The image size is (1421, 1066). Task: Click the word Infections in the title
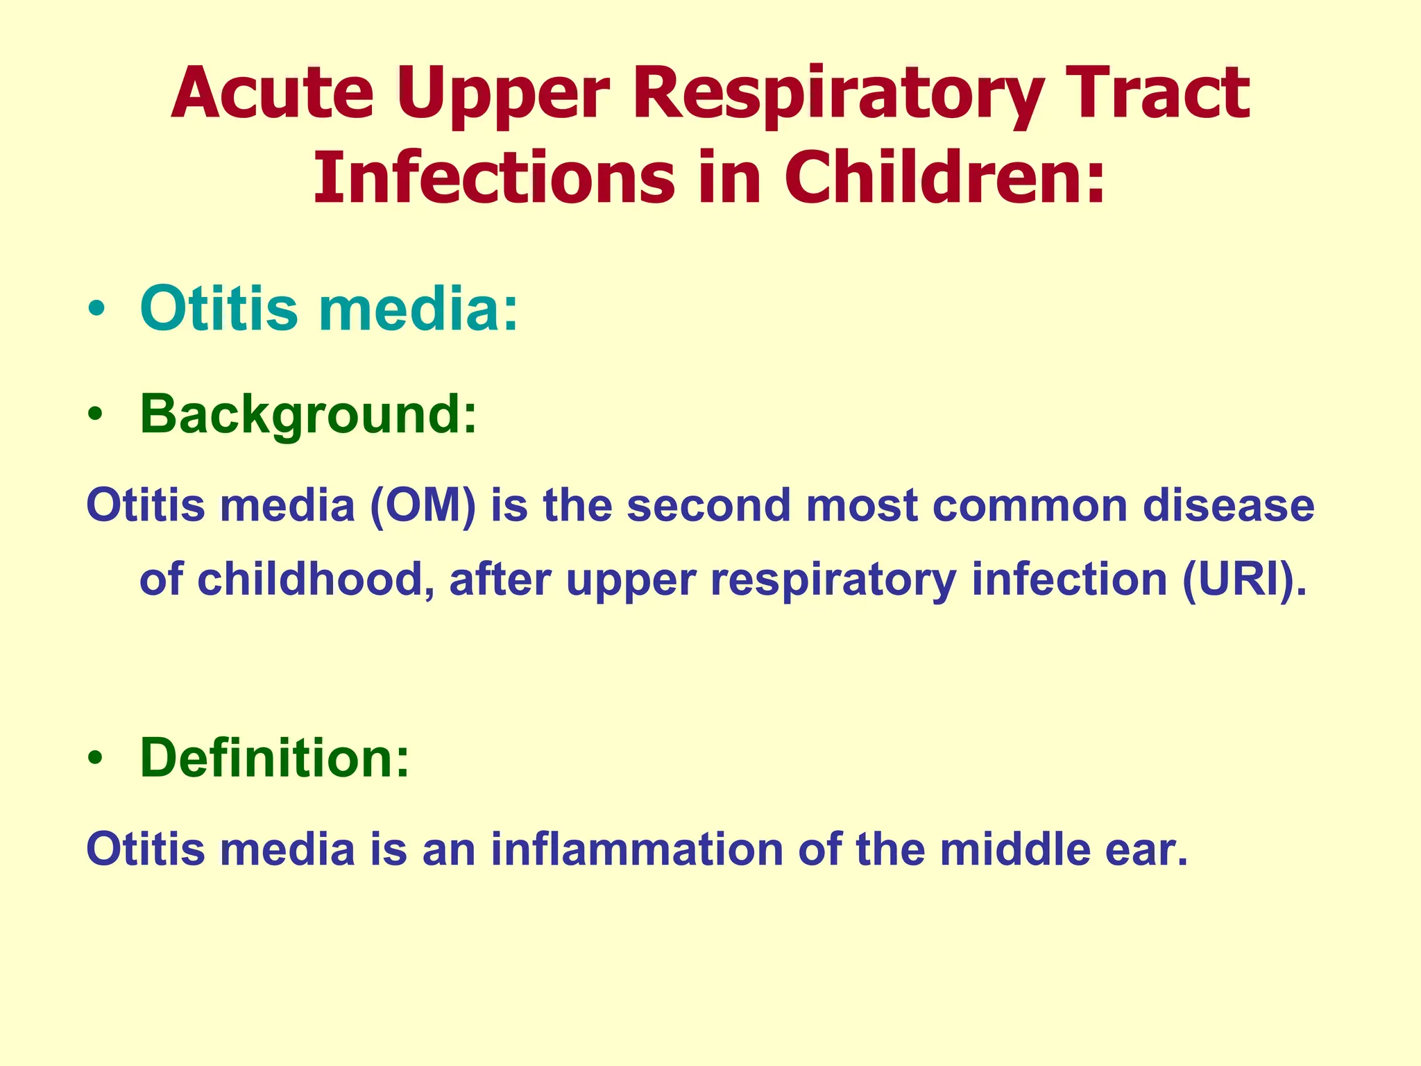493,178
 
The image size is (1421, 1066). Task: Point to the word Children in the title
944,178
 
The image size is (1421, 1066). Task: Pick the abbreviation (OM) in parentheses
423,505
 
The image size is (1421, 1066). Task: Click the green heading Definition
275,757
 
